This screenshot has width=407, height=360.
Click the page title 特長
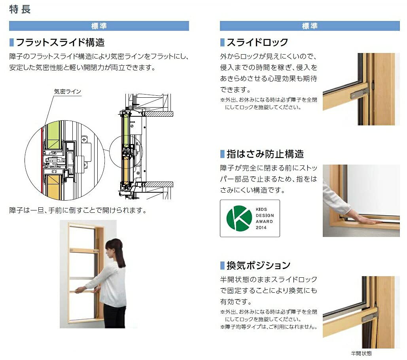(20, 9)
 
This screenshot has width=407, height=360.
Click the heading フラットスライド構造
(60, 42)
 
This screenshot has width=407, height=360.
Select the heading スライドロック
(257, 42)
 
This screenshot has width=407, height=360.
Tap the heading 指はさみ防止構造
(265, 154)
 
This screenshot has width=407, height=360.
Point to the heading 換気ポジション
(259, 265)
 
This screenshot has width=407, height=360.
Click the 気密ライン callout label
(68, 92)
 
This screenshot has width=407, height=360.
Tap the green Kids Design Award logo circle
(239, 218)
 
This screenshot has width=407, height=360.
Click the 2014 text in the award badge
(261, 227)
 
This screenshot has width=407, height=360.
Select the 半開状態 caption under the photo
(362, 353)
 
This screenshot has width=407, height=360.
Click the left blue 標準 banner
(99, 26)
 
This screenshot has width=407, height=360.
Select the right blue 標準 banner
(310, 26)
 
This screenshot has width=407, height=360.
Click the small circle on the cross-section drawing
(126, 152)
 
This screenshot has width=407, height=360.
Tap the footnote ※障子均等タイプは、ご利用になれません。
(269, 327)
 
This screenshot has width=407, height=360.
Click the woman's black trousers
(114, 316)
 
